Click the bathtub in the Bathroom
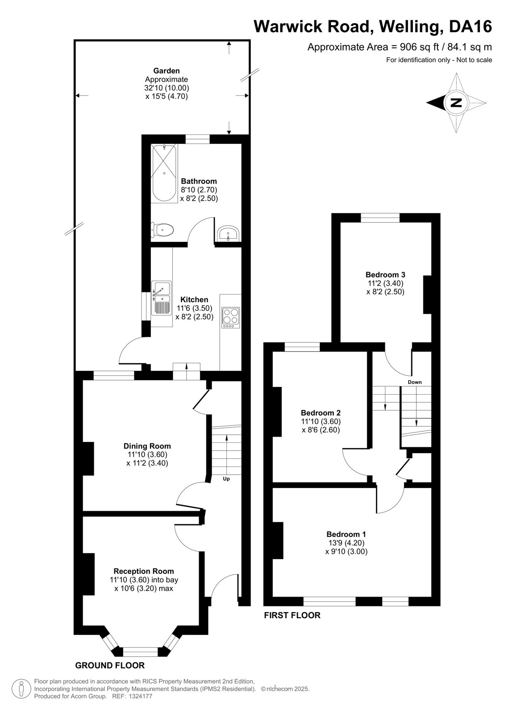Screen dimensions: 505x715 pyautogui.click(x=164, y=173)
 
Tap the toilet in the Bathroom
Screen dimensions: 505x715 pyautogui.click(x=163, y=230)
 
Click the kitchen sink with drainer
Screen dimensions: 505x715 pyautogui.click(x=162, y=298)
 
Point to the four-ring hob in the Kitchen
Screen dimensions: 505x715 pyautogui.click(x=231, y=318)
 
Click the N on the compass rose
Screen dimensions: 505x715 pyautogui.click(x=456, y=103)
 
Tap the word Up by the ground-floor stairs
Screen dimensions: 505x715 pyautogui.click(x=226, y=479)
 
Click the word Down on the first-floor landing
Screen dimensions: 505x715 pyautogui.click(x=415, y=382)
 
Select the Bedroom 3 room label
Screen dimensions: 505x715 pyautogui.click(x=385, y=274)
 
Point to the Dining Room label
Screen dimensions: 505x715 pyautogui.click(x=147, y=446)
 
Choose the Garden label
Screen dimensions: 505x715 pyautogui.click(x=166, y=71)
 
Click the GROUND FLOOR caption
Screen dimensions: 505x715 pyautogui.click(x=110, y=665)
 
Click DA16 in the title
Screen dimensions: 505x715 pyautogui.click(x=470, y=26)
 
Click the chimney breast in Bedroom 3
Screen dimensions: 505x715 pyautogui.click(x=427, y=294)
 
